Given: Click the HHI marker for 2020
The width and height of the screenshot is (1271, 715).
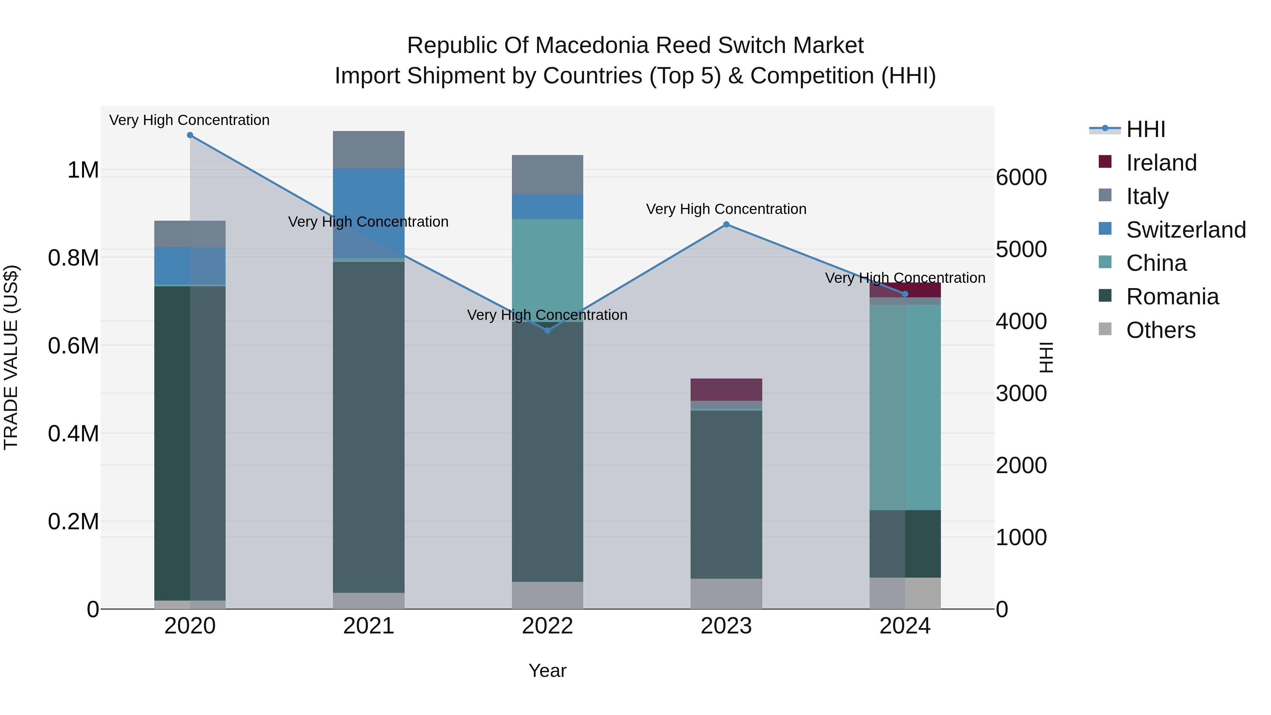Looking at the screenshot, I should [x=190, y=135].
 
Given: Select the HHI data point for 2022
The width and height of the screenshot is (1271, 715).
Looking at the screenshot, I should [x=547, y=330].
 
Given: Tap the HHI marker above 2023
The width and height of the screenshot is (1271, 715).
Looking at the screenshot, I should [x=726, y=225].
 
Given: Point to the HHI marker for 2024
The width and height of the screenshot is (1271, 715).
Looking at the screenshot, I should [x=905, y=294].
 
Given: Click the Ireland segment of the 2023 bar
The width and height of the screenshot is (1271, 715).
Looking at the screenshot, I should [x=726, y=389].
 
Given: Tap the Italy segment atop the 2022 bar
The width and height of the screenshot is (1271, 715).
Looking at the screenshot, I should [x=547, y=175].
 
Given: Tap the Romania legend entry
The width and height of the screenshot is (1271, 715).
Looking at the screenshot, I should [x=1172, y=297].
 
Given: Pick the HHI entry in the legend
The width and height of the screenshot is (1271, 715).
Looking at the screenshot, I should [x=1145, y=129].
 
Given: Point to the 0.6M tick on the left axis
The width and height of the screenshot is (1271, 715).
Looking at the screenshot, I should [x=73, y=346].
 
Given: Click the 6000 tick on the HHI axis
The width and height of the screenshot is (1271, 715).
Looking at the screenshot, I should [x=1021, y=178].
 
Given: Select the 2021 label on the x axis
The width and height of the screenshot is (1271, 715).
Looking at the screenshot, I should [x=369, y=626].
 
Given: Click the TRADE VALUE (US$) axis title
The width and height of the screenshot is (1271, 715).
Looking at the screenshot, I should [x=11, y=357].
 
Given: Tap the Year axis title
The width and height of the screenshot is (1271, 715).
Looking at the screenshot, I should [x=547, y=671].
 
